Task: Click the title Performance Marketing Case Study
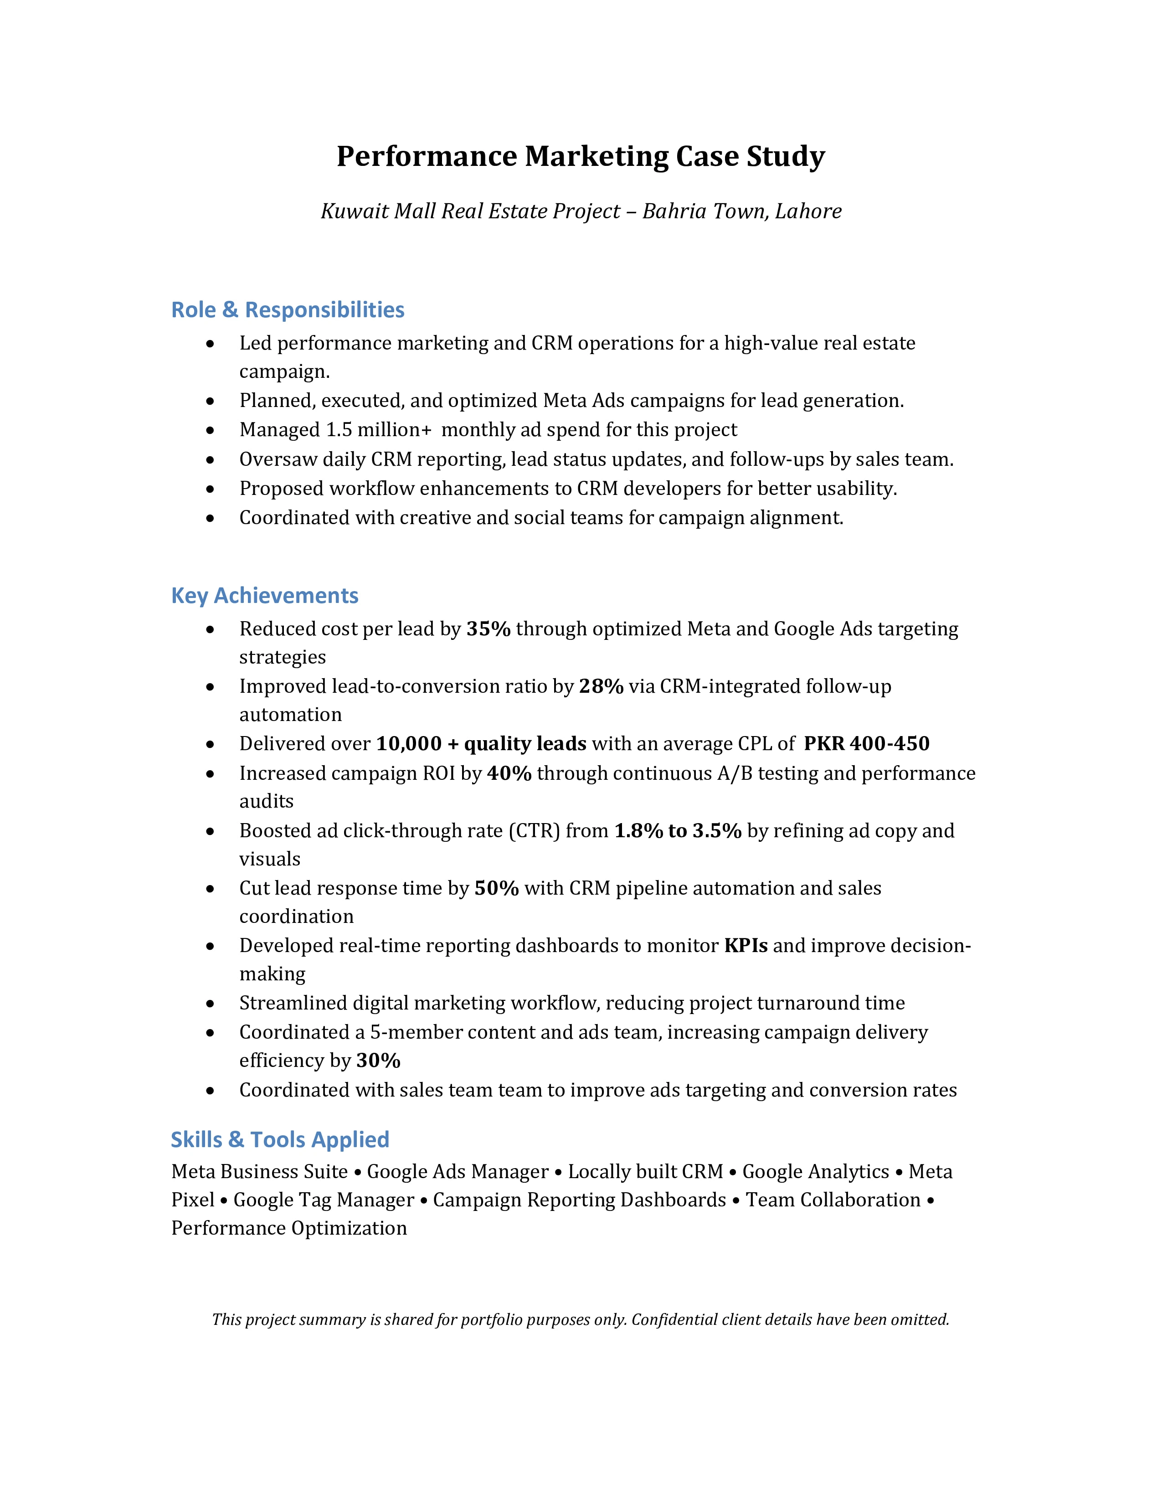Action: [x=580, y=156]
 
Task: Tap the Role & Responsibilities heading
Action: [x=287, y=310]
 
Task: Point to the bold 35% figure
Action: [x=488, y=629]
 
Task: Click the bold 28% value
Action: [x=601, y=686]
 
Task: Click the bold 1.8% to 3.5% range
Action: [x=677, y=831]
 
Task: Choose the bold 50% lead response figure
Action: [x=496, y=888]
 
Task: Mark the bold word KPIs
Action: [x=746, y=946]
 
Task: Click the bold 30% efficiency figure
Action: [x=378, y=1061]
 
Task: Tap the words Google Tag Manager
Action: [x=324, y=1200]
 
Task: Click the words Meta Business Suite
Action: [x=260, y=1172]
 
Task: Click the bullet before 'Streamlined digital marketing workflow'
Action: [x=210, y=1004]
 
